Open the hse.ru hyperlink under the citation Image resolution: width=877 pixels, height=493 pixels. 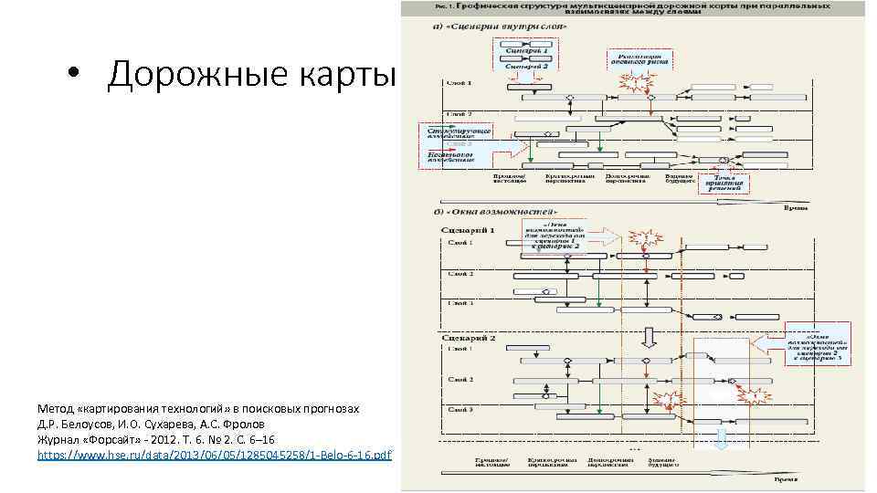coord(215,454)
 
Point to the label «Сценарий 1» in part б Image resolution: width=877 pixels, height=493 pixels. coord(469,231)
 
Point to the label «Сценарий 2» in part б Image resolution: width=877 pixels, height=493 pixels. coord(469,338)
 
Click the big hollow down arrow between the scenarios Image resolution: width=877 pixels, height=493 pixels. coord(649,338)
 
